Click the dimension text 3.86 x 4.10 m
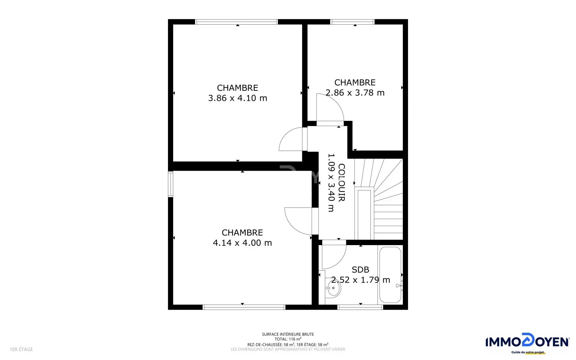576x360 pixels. pyautogui.click(x=238, y=98)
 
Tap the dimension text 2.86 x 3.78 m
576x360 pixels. pyautogui.click(x=355, y=93)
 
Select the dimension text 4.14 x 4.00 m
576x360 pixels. pyautogui.click(x=242, y=243)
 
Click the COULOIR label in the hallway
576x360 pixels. pyautogui.click(x=341, y=183)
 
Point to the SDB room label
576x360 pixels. pyautogui.click(x=360, y=270)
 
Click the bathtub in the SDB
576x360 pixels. pyautogui.click(x=390, y=275)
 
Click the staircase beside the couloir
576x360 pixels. pyautogui.click(x=379, y=199)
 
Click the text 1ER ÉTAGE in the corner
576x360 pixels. pyautogui.click(x=21, y=349)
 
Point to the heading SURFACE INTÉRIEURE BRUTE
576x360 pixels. pyautogui.click(x=288, y=334)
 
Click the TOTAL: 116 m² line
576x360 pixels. pyautogui.click(x=288, y=339)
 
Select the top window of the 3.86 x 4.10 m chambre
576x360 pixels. pyautogui.click(x=236, y=22)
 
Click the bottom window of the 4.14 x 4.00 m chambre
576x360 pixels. pyautogui.click(x=244, y=307)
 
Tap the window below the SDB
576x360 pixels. pyautogui.click(x=360, y=307)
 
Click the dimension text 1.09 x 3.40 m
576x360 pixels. pyautogui.click(x=331, y=183)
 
